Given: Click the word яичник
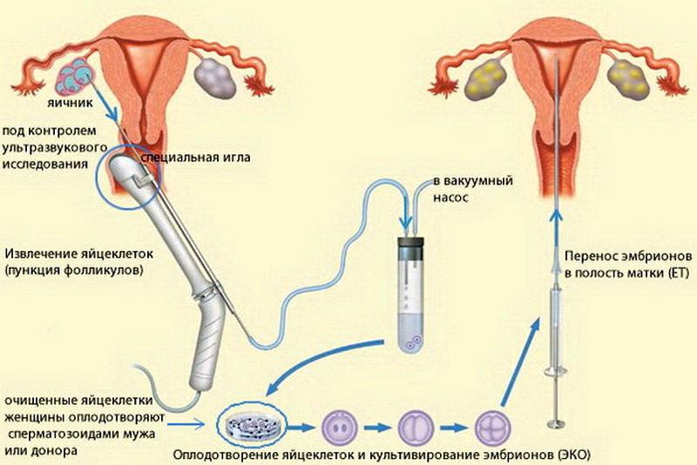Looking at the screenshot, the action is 70,103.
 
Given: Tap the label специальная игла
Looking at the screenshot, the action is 195,158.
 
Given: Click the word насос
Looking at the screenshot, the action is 450,197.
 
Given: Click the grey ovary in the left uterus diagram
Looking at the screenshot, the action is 214,78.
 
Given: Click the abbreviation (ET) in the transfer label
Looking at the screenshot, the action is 679,273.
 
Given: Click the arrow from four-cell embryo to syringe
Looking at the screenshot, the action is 520,361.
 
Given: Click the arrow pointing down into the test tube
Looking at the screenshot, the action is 405,209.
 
